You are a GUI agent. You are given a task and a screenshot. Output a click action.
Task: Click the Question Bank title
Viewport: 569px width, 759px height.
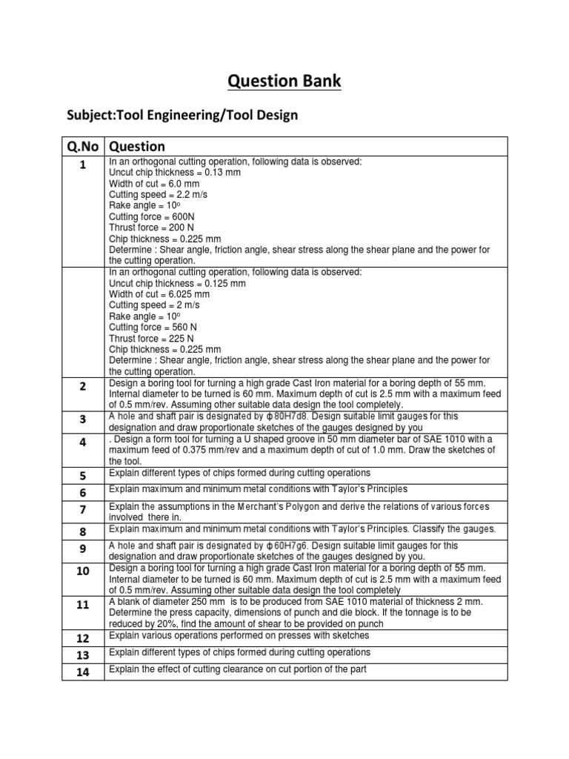pyautogui.click(x=284, y=81)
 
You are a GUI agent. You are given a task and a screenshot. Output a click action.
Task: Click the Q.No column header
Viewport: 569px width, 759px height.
pyautogui.click(x=83, y=146)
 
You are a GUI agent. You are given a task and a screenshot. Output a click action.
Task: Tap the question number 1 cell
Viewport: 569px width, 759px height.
pyautogui.click(x=83, y=165)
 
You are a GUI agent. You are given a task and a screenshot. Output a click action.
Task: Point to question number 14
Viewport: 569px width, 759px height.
pyautogui.click(x=83, y=672)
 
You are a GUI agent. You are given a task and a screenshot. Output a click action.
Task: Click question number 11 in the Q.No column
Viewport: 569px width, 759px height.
pyautogui.click(x=83, y=605)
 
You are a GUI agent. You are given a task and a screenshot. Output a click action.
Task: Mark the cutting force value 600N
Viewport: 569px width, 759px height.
pyautogui.click(x=187, y=216)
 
